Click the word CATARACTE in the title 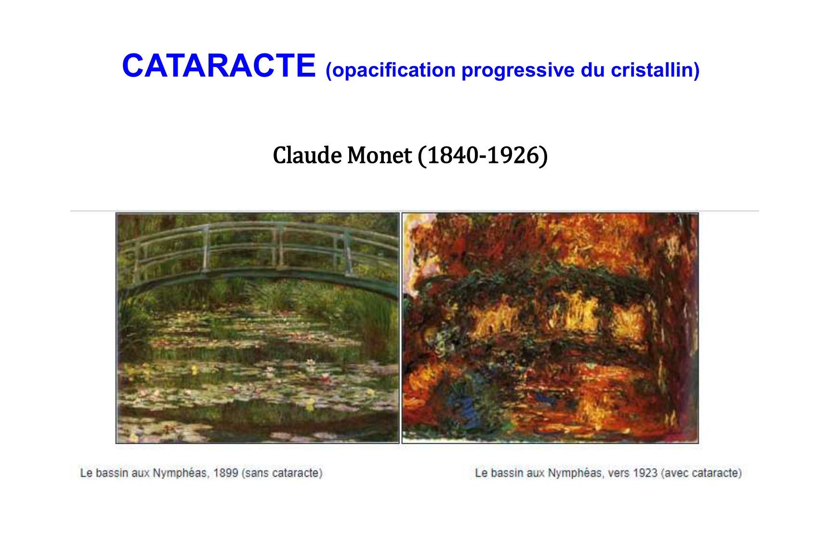coord(219,66)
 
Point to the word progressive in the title coord(518,70)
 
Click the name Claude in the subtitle coord(307,156)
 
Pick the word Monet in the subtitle coord(379,156)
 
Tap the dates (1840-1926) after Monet coord(483,156)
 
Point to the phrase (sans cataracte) coord(282,473)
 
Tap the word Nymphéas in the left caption coord(181,474)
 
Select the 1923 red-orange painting coord(550,328)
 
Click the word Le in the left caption coord(86,473)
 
